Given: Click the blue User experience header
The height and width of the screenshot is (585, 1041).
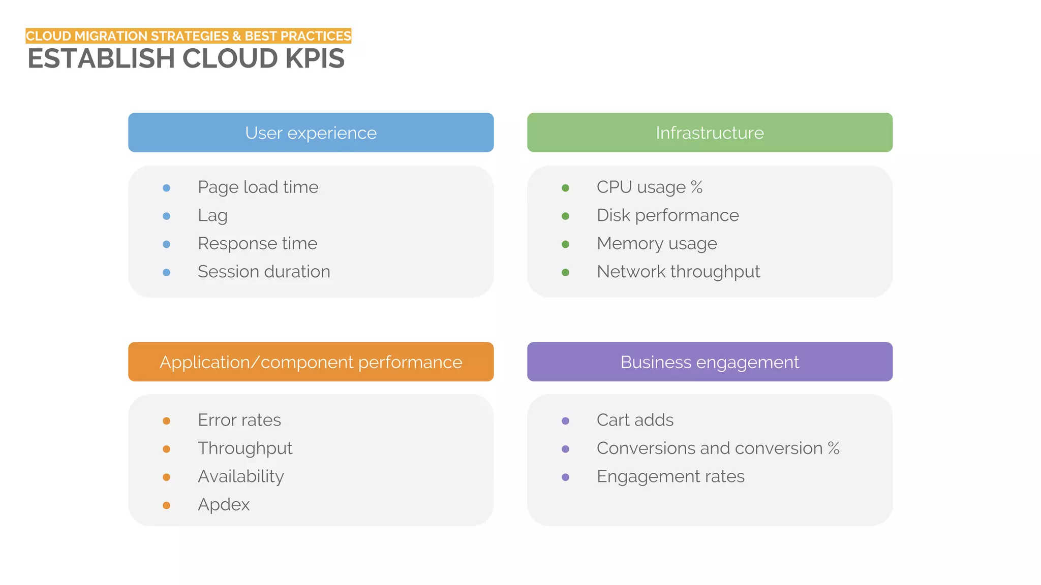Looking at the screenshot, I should click(311, 133).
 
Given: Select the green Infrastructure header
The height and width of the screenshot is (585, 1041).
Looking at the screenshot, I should click(710, 133).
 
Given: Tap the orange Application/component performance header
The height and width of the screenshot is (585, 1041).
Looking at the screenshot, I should click(311, 362).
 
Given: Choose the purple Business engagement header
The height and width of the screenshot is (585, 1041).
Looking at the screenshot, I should click(710, 362).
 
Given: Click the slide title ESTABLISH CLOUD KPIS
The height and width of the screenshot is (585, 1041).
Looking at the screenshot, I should click(186, 58).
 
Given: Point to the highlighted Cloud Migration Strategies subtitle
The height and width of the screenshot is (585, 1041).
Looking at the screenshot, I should click(188, 36).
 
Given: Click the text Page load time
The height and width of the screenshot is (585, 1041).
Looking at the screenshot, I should click(258, 187).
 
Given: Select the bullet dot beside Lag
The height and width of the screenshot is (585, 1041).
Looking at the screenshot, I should click(166, 216).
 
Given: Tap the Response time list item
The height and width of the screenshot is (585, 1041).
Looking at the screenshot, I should click(257, 244).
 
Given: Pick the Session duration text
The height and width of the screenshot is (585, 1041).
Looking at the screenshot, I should click(264, 272).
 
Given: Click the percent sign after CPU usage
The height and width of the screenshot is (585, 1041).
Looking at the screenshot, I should click(696, 187).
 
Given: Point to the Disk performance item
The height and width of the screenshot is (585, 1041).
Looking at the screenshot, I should click(667, 215).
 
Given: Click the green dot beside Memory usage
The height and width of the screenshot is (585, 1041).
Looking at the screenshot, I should click(565, 244).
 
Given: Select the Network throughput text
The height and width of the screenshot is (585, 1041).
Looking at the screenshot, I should click(678, 272).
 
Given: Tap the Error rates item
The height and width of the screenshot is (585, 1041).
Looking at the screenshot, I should click(239, 420).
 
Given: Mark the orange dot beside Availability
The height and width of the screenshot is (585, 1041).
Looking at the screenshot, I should click(166, 477).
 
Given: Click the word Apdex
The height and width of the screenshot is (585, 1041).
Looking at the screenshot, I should click(224, 505).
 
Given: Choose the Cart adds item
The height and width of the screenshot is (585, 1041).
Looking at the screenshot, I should click(635, 420).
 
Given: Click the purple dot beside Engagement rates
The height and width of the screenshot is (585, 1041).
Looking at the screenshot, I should click(565, 477).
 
